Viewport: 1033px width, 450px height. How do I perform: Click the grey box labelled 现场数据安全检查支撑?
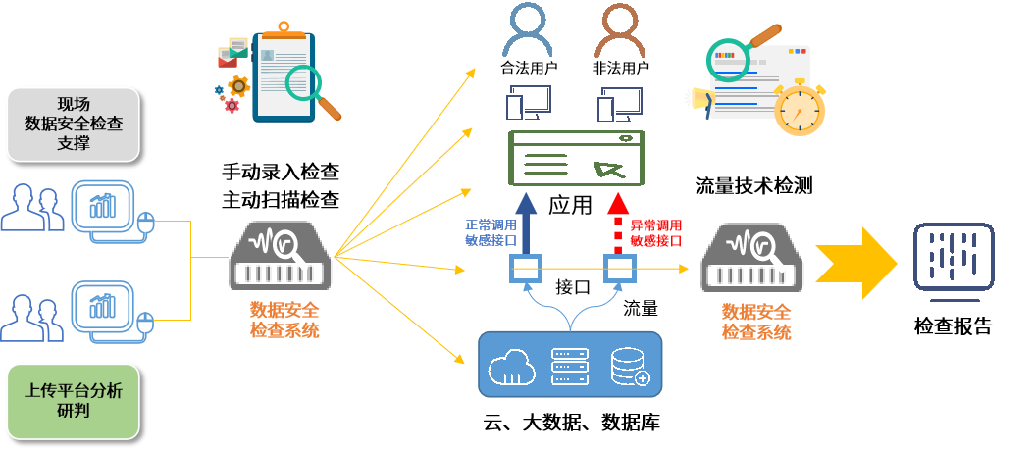[74, 124]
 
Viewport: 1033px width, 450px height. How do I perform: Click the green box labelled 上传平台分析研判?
[74, 400]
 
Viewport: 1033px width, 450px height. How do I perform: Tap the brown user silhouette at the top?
[620, 29]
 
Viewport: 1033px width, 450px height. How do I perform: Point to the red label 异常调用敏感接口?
[655, 232]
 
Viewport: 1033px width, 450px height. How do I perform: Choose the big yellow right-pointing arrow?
[855, 263]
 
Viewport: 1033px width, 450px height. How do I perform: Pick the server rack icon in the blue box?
[571, 366]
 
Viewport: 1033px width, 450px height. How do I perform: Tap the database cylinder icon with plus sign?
[629, 366]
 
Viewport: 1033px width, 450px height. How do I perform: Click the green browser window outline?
[576, 158]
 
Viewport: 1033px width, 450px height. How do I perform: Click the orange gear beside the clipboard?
[238, 86]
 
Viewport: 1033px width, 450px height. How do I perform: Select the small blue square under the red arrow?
[619, 268]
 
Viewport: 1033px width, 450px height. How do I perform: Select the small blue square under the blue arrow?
[526, 268]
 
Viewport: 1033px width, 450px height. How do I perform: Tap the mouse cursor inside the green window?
[608, 169]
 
